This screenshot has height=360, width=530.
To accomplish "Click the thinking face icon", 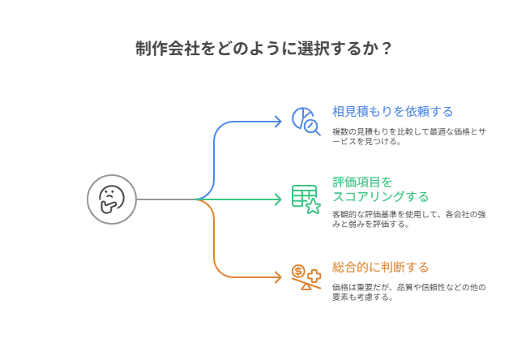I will [112, 199].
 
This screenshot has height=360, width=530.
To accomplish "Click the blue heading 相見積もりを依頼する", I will [392, 111].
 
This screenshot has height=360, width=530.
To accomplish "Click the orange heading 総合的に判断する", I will [380, 267].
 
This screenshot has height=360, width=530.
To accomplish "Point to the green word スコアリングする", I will [380, 196].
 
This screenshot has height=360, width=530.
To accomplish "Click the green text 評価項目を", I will [362, 182].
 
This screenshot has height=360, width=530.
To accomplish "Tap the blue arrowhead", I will [278, 120].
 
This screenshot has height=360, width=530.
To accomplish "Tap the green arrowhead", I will [278, 199].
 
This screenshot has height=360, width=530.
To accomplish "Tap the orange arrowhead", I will [278, 277].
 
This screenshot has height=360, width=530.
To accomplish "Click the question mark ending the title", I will [387, 48].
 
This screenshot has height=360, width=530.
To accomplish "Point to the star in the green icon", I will [313, 206].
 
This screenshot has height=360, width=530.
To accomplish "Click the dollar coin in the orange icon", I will [298, 270].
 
